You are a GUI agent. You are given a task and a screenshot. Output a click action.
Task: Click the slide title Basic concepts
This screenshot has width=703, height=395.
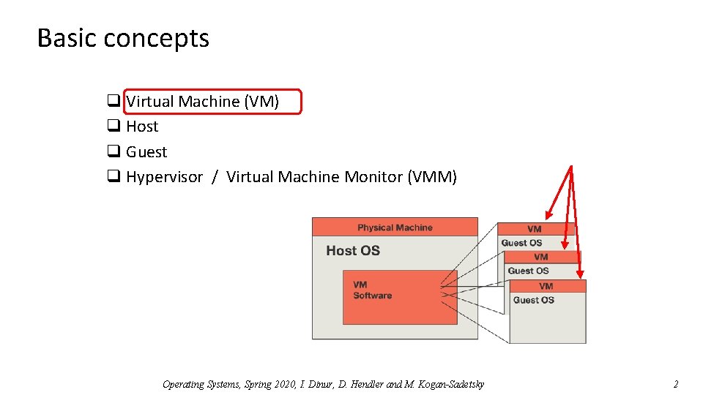click(123, 38)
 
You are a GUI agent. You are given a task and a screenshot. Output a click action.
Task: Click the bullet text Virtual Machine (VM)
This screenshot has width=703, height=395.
click(203, 102)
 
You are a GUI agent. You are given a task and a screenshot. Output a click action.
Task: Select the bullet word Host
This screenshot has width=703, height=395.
click(142, 127)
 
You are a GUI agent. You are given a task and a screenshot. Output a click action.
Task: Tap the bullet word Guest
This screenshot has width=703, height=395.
click(146, 152)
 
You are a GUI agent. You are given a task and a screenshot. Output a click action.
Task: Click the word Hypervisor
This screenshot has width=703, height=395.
click(164, 177)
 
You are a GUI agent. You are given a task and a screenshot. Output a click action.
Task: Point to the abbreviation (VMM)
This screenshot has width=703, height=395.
click(432, 177)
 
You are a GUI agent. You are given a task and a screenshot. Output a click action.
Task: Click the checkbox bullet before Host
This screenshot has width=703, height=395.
click(114, 127)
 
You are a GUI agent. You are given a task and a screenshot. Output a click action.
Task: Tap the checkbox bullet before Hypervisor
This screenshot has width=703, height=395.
click(114, 177)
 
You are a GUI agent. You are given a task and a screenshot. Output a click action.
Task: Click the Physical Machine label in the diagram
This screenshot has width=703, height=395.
click(395, 227)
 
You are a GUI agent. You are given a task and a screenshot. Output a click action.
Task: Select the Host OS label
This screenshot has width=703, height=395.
click(353, 251)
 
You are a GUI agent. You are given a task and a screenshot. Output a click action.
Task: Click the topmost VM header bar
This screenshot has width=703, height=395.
click(534, 229)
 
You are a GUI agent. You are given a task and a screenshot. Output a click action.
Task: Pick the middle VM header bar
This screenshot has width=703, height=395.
click(541, 257)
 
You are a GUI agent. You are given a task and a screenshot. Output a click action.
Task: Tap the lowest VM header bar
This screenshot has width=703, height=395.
click(546, 286)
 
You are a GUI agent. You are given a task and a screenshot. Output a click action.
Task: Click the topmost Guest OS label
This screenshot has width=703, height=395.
click(521, 243)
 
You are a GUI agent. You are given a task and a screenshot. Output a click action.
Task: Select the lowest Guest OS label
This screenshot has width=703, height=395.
click(534, 300)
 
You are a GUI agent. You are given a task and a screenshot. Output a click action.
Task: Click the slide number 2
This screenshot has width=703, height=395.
click(676, 384)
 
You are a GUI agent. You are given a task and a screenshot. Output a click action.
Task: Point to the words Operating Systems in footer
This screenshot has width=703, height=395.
click(193, 384)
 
